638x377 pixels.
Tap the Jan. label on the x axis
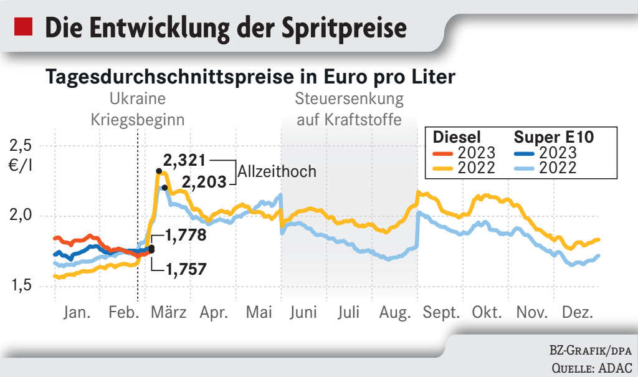coord(77,312)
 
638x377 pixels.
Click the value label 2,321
coord(184,160)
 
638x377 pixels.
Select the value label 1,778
coord(186,236)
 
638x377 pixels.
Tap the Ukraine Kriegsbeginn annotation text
coord(138,108)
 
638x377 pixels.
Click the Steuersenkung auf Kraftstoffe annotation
coord(349,108)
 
